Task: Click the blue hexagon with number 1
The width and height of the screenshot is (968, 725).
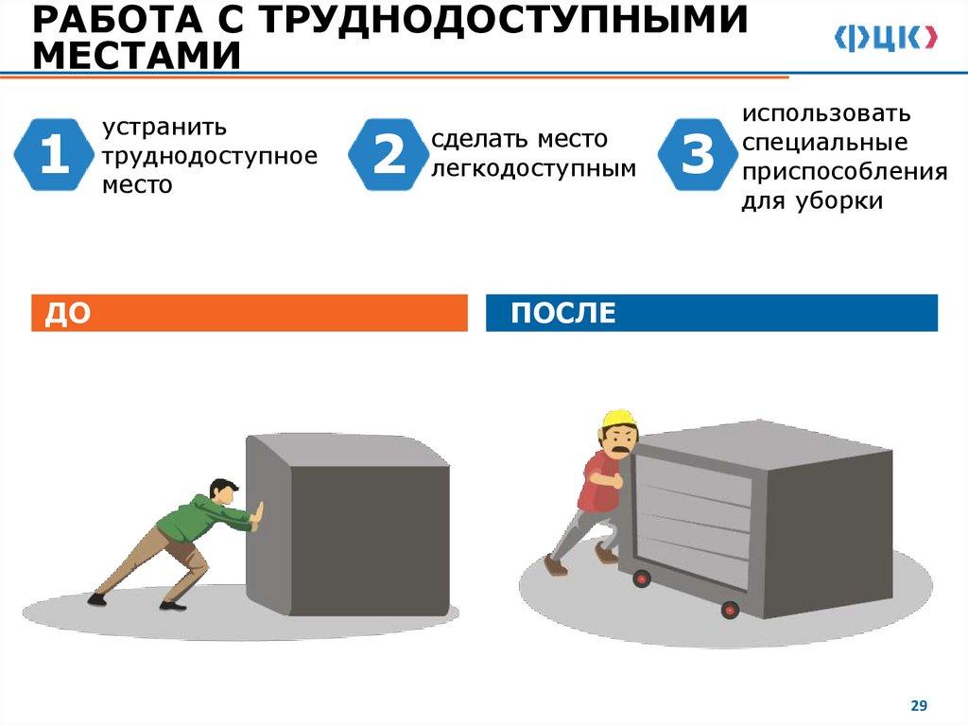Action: pyautogui.click(x=54, y=154)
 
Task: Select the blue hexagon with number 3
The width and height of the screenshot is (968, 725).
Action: pyautogui.click(x=698, y=154)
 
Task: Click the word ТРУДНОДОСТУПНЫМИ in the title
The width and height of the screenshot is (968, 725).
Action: pyautogui.click(x=503, y=19)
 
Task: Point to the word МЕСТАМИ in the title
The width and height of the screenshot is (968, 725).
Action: pyautogui.click(x=136, y=56)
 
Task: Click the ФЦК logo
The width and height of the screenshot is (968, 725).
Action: pyautogui.click(x=886, y=39)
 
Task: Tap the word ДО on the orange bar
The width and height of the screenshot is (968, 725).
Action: pyautogui.click(x=67, y=313)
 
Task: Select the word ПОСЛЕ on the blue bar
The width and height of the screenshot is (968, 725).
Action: pyautogui.click(x=563, y=313)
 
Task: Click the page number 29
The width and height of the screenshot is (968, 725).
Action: pyautogui.click(x=919, y=705)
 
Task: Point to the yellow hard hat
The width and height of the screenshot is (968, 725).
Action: pyautogui.click(x=619, y=419)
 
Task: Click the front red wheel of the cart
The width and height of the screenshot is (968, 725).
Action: pyautogui.click(x=730, y=610)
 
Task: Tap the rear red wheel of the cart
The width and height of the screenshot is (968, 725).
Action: pyautogui.click(x=642, y=578)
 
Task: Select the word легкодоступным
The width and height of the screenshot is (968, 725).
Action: pyautogui.click(x=533, y=168)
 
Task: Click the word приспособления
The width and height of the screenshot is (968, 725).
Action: pyautogui.click(x=844, y=172)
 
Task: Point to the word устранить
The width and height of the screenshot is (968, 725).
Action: pyautogui.click(x=164, y=128)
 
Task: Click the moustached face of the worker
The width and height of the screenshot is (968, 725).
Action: pyautogui.click(x=619, y=440)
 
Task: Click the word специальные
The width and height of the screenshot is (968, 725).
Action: pyautogui.click(x=824, y=143)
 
